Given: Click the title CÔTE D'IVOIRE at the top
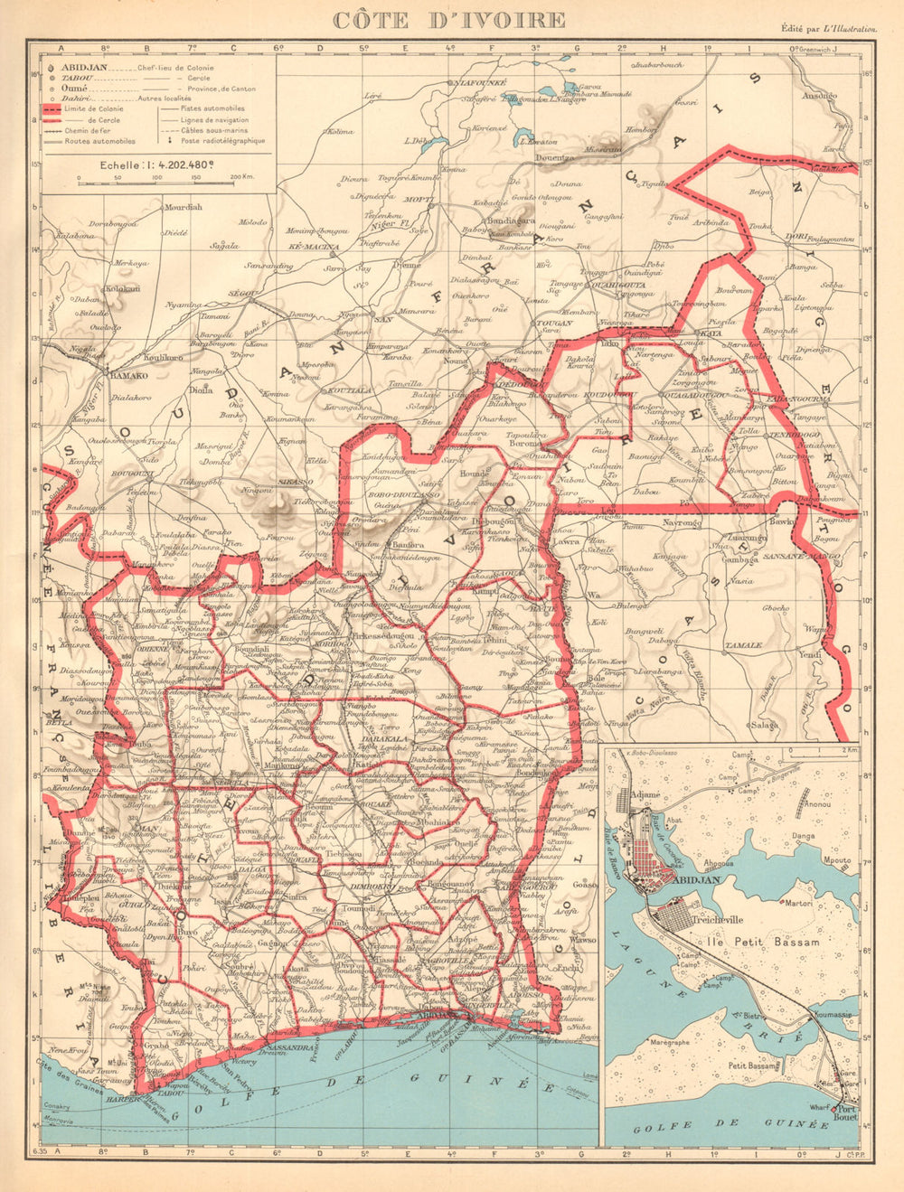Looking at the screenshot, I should pos(449,20).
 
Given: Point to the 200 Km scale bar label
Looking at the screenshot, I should pos(240,178).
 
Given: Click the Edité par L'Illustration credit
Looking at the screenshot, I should pos(830,29).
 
